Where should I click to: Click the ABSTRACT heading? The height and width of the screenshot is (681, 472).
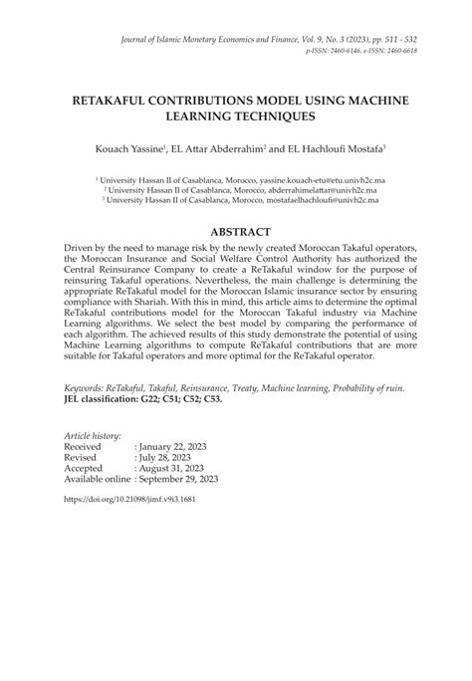[x=236, y=228]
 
